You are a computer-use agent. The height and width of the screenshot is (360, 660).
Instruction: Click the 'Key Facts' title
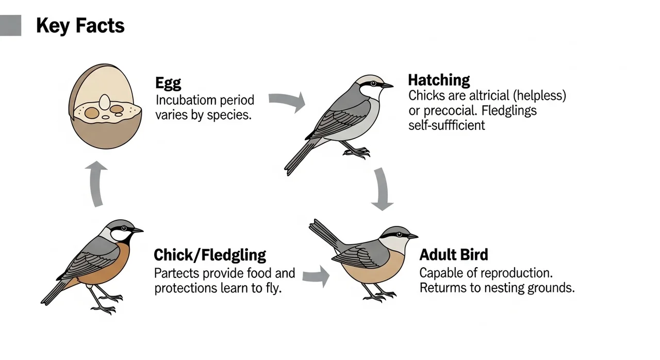tap(80, 25)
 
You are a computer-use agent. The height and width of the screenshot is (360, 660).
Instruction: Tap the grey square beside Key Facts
tap(10, 25)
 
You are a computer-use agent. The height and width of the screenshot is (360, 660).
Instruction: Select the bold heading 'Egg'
tap(168, 84)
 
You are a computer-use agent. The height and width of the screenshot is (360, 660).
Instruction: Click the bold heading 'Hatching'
tap(439, 80)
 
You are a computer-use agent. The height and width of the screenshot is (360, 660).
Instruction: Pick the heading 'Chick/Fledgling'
tap(210, 255)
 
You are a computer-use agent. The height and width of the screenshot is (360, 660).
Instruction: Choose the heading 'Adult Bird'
tap(454, 255)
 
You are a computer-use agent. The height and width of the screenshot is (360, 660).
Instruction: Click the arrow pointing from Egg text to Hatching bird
tap(287, 101)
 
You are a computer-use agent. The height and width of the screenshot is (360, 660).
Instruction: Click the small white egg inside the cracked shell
tap(105, 102)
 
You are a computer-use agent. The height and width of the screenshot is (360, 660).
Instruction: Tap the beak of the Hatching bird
tap(387, 86)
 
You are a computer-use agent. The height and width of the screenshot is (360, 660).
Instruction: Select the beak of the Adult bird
tap(412, 236)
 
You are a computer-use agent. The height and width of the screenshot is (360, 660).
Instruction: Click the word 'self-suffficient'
tap(447, 125)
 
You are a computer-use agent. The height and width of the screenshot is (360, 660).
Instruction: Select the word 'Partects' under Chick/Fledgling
tap(177, 272)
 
